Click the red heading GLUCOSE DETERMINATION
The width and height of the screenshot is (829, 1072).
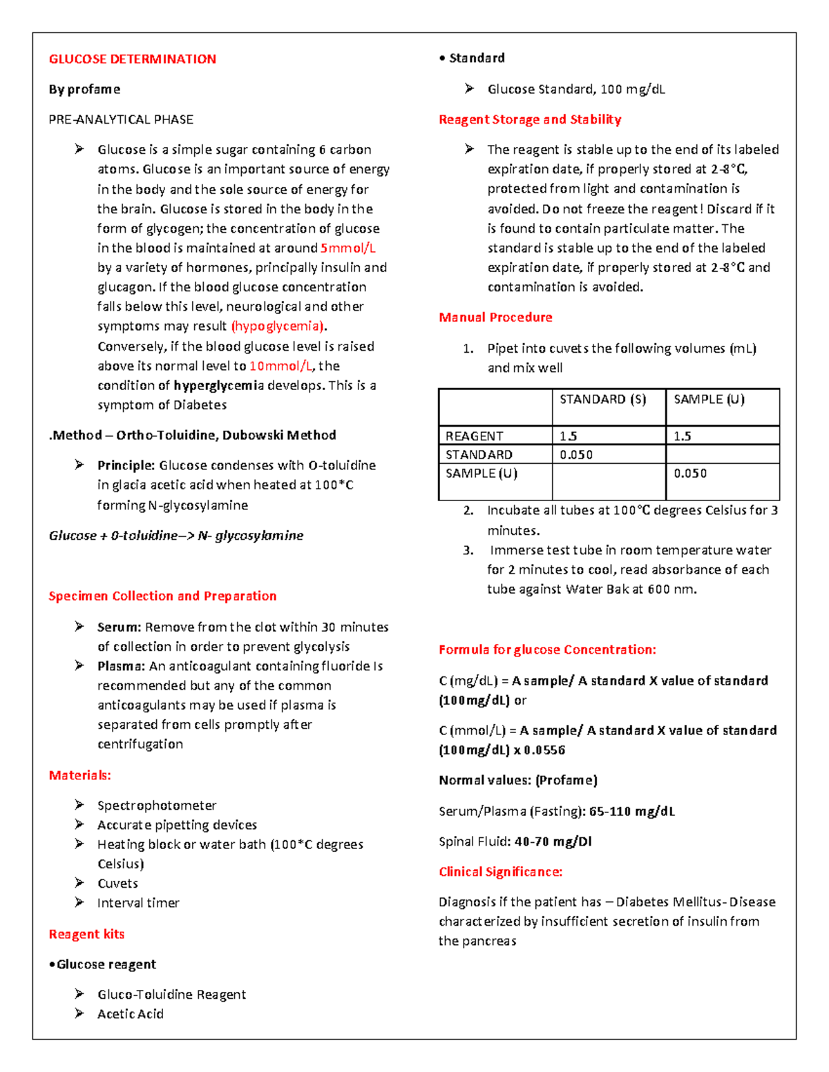132,59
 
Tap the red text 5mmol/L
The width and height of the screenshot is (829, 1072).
347,248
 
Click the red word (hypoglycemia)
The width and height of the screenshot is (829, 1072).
279,326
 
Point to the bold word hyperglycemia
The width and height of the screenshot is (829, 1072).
218,385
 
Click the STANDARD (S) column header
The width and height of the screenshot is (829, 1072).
602,400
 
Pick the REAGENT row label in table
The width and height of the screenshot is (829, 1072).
474,436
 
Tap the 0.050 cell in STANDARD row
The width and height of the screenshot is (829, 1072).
576,455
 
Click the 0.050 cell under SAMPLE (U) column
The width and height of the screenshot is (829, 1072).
690,474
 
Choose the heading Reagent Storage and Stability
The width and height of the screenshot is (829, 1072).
530,119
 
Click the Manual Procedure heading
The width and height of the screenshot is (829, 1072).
495,318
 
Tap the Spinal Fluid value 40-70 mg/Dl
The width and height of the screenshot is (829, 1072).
553,841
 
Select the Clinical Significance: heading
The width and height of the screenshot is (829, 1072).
500,872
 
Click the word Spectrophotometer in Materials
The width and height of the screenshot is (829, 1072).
157,806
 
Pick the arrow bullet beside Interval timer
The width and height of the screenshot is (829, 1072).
79,902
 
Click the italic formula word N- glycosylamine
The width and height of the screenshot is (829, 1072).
250,536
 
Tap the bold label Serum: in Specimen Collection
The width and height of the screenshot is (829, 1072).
119,627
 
